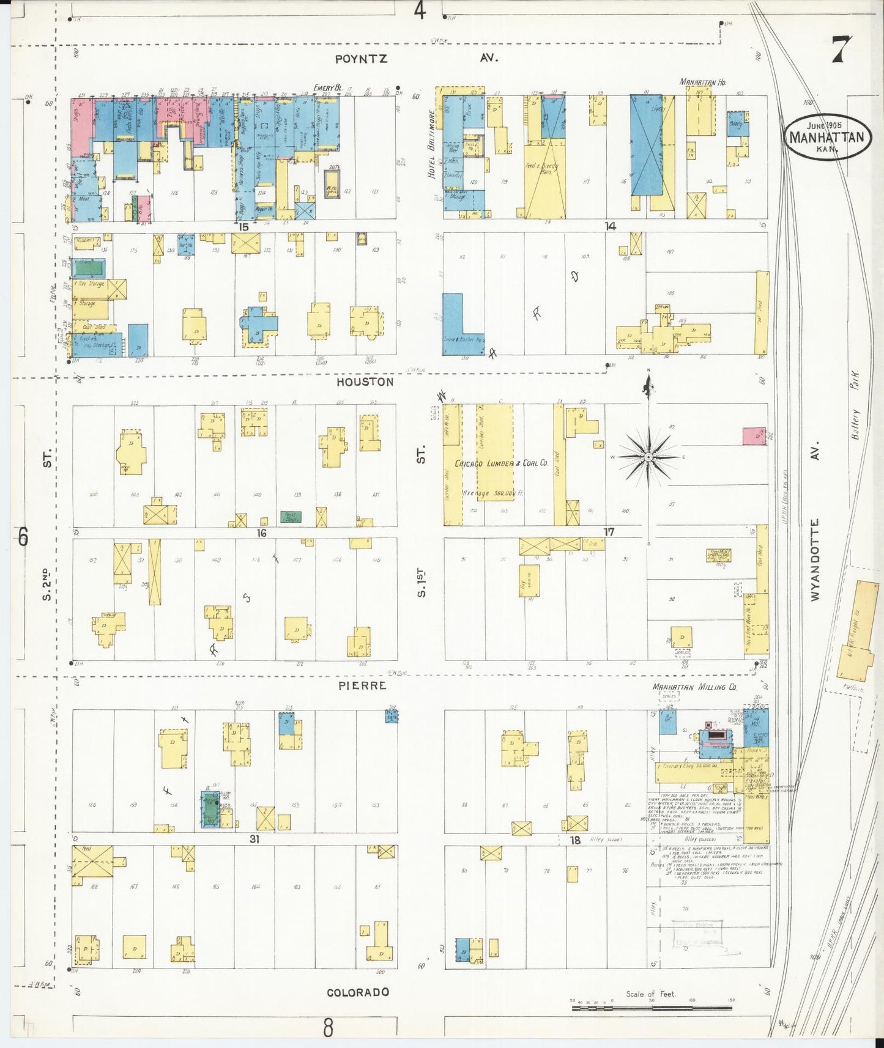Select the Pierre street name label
pyautogui.click(x=362, y=685)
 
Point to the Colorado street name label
pyautogui.click(x=358, y=992)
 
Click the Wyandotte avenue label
pyautogui.click(x=815, y=559)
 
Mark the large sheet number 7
pyautogui.click(x=841, y=50)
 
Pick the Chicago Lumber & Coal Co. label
pyautogui.click(x=501, y=463)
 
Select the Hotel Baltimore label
pyautogui.click(x=432, y=144)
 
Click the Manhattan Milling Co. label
pyautogui.click(x=694, y=687)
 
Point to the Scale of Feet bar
pyautogui.click(x=651, y=1007)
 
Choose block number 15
pyautogui.click(x=243, y=226)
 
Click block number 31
pyautogui.click(x=254, y=840)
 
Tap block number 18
pyautogui.click(x=575, y=840)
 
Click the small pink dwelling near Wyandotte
pyautogui.click(x=754, y=436)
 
